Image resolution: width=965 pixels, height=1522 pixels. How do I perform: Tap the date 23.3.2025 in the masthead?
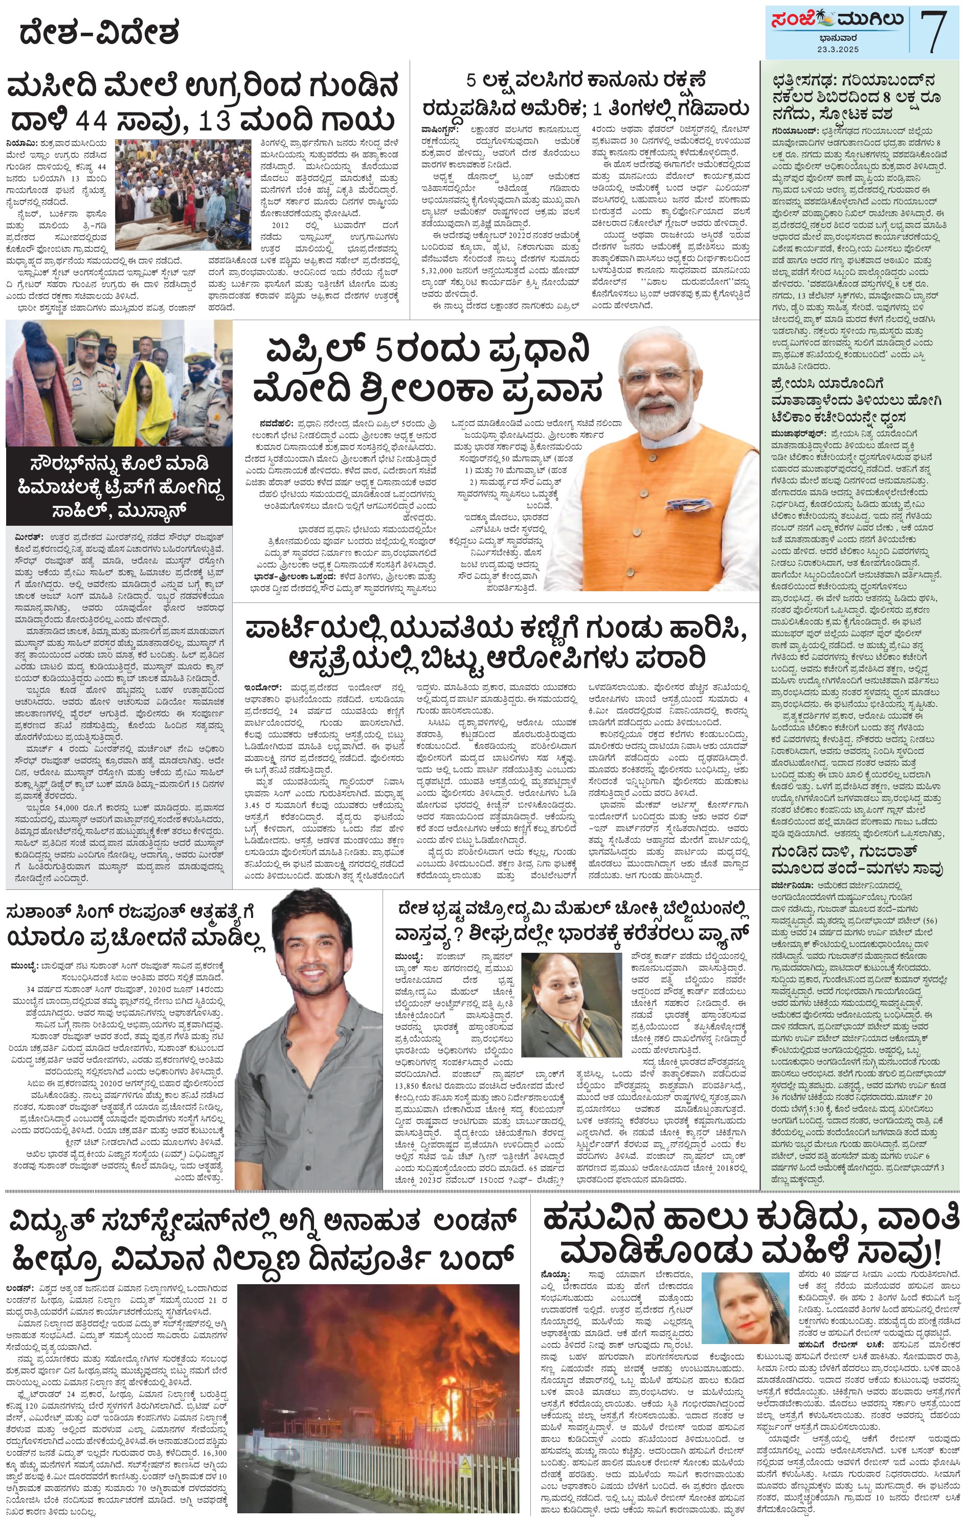(837, 49)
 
